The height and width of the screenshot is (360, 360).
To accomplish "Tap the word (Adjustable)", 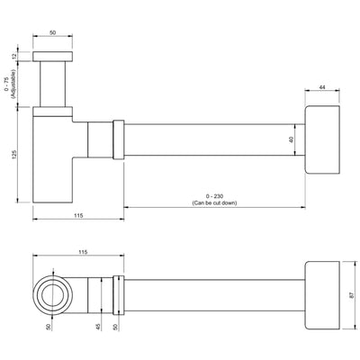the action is coord(13,85).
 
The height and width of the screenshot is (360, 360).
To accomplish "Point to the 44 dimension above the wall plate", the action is coord(322,87).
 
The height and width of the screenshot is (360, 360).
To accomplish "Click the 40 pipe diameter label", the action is coord(292,139).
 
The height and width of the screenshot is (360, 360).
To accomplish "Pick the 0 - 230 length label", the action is coord(214,196).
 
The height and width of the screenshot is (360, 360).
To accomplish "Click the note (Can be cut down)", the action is coord(214,202).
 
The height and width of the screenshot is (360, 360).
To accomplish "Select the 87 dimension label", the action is coord(351,295).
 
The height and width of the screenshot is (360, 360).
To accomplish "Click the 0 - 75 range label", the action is coord(7,84).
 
